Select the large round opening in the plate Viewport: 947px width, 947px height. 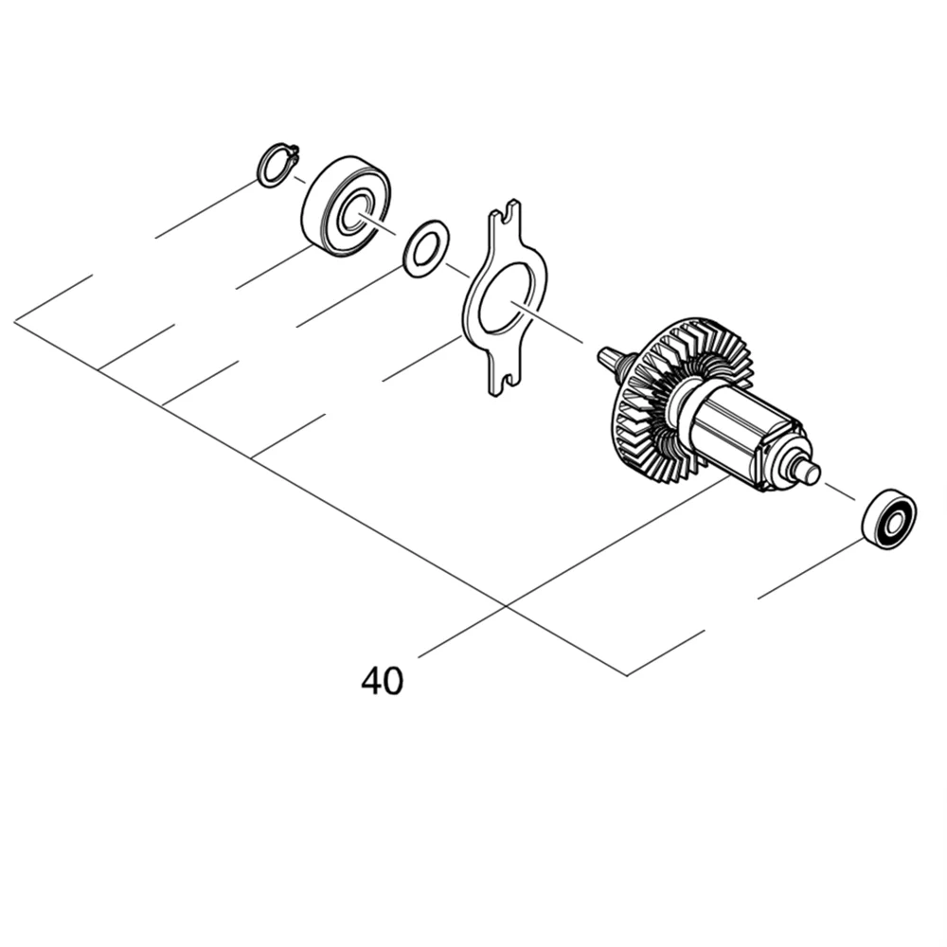coord(505,298)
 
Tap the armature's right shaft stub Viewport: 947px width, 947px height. coord(809,471)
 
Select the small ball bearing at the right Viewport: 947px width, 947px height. coord(888,518)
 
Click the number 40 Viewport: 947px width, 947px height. coord(382,681)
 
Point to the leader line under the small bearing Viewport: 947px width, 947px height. coord(810,568)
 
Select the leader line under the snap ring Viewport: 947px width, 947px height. coord(204,210)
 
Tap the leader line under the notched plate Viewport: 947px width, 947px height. coord(421,359)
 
